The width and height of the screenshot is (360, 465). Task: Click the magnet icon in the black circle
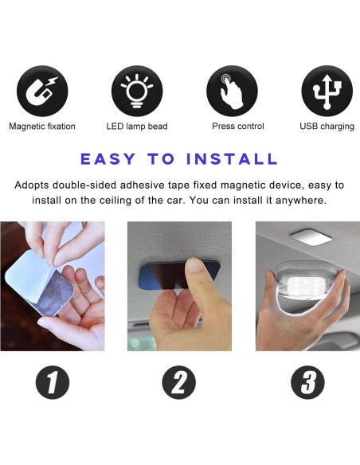click(43, 91)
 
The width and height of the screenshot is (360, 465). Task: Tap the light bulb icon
click(137, 91)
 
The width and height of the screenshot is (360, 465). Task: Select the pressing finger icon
click(232, 91)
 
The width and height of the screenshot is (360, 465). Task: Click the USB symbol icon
click(327, 91)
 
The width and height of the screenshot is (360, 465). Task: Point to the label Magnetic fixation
click(42, 127)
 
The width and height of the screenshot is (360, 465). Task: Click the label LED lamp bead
click(137, 127)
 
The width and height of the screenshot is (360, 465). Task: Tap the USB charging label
click(327, 127)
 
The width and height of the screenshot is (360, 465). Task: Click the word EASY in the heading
click(115, 158)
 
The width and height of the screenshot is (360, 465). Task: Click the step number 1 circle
click(53, 383)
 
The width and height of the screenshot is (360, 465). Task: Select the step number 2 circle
click(179, 383)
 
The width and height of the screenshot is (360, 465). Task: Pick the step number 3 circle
click(307, 383)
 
